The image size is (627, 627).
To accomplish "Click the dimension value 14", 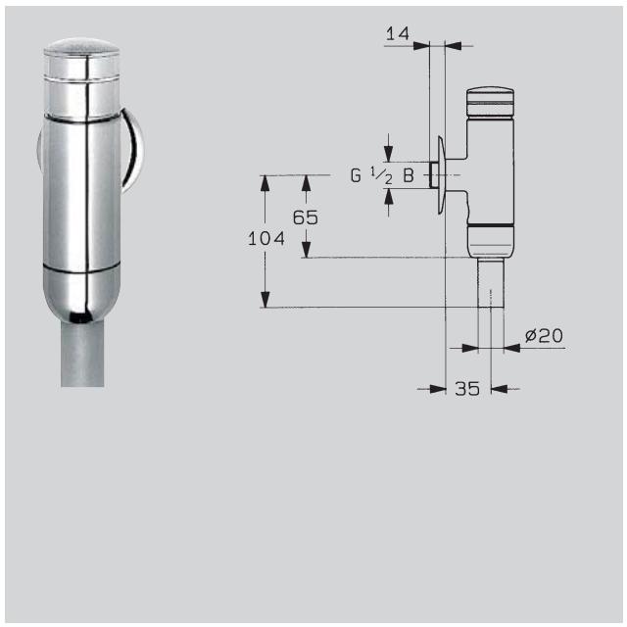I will click(x=397, y=33).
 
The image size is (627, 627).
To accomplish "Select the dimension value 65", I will click(x=306, y=217).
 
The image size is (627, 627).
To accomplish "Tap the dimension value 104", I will click(x=265, y=238).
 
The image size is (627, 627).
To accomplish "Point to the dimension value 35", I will click(x=467, y=389).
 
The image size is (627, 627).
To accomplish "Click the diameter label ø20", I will click(x=544, y=336).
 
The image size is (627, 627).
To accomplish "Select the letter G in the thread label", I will click(x=356, y=176).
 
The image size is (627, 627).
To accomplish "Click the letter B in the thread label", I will click(x=408, y=176).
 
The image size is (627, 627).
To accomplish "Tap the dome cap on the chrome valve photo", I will click(x=83, y=52).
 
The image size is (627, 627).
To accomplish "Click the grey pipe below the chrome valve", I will click(x=82, y=353).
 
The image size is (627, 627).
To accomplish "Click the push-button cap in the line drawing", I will click(x=489, y=99).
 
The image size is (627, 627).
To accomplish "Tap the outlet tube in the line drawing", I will click(x=491, y=284).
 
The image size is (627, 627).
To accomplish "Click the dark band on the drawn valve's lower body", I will click(x=489, y=228).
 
